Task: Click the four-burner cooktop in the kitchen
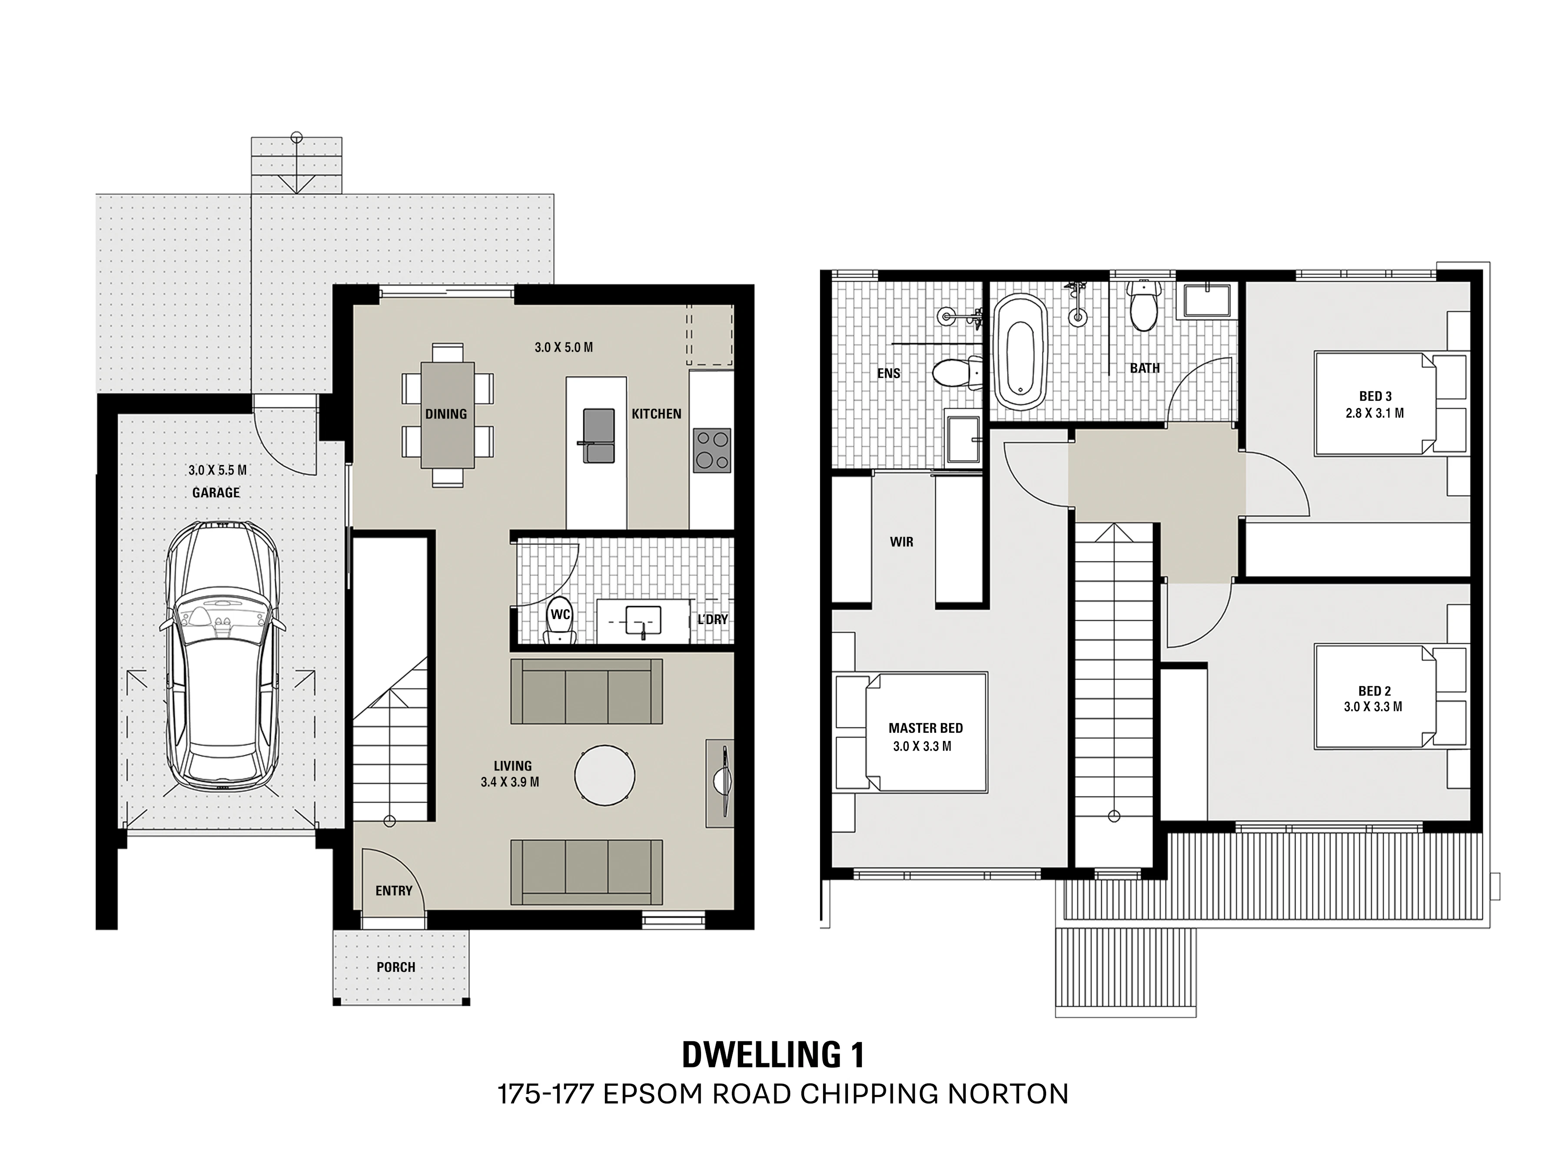712,450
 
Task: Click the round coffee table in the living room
605,775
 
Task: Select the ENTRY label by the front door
394,890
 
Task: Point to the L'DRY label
712,620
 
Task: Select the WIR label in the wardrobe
902,542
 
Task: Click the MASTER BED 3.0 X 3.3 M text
926,737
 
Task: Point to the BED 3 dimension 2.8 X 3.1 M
1375,413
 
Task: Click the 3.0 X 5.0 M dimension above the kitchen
564,347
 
